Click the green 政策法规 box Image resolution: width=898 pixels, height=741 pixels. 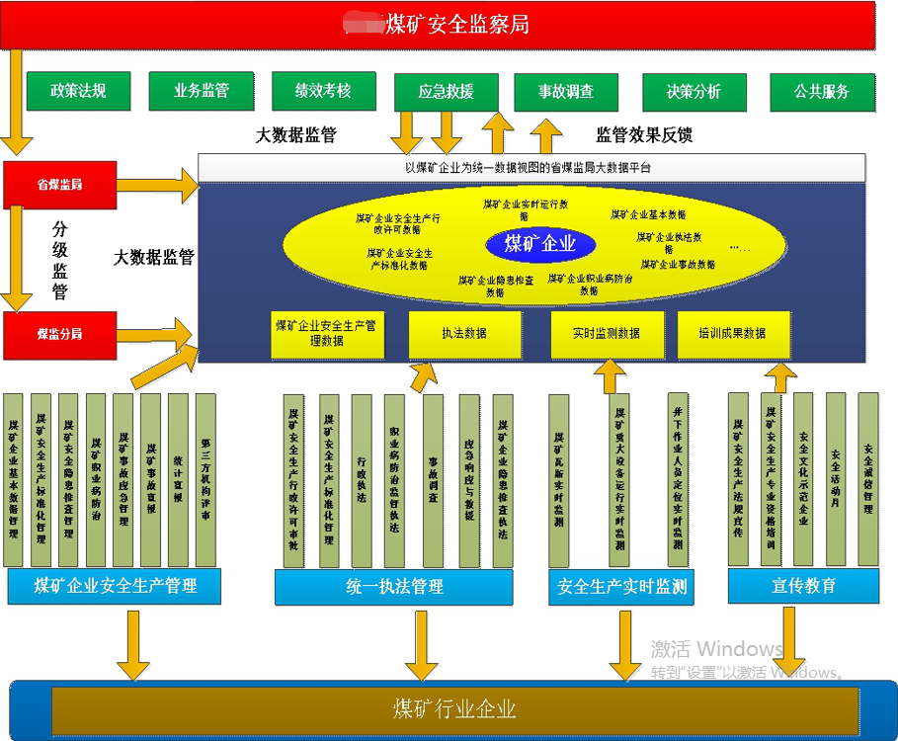tap(78, 91)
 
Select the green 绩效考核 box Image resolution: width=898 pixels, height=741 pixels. tap(323, 91)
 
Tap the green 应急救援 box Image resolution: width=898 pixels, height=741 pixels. tap(446, 92)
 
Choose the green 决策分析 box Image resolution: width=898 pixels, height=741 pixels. tap(694, 92)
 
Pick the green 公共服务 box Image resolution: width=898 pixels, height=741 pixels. tap(822, 92)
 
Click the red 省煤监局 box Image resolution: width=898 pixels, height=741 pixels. tap(60, 185)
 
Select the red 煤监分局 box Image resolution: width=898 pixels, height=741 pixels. tap(60, 335)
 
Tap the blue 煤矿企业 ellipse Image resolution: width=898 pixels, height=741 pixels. tap(539, 244)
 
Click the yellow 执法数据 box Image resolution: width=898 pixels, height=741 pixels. tap(464, 334)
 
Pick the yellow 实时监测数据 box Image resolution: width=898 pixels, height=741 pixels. tap(607, 334)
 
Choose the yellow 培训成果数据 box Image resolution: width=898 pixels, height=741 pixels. tap(733, 334)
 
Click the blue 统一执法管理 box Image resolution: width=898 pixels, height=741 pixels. tap(393, 587)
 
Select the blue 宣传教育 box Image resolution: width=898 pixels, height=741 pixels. tap(803, 586)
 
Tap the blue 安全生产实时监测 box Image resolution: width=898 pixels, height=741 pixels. tap(621, 587)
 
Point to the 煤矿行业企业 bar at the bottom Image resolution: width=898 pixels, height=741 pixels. tap(454, 709)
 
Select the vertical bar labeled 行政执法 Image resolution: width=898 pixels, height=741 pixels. tap(361, 480)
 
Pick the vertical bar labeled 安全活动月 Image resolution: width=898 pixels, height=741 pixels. tap(836, 478)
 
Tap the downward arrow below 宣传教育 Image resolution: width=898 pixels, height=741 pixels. tap(788, 637)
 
